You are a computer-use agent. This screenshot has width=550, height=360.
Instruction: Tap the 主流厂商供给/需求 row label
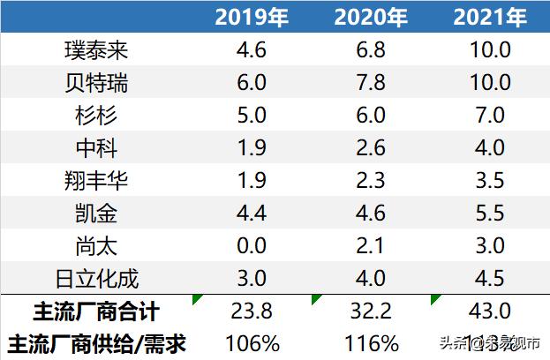97,342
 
